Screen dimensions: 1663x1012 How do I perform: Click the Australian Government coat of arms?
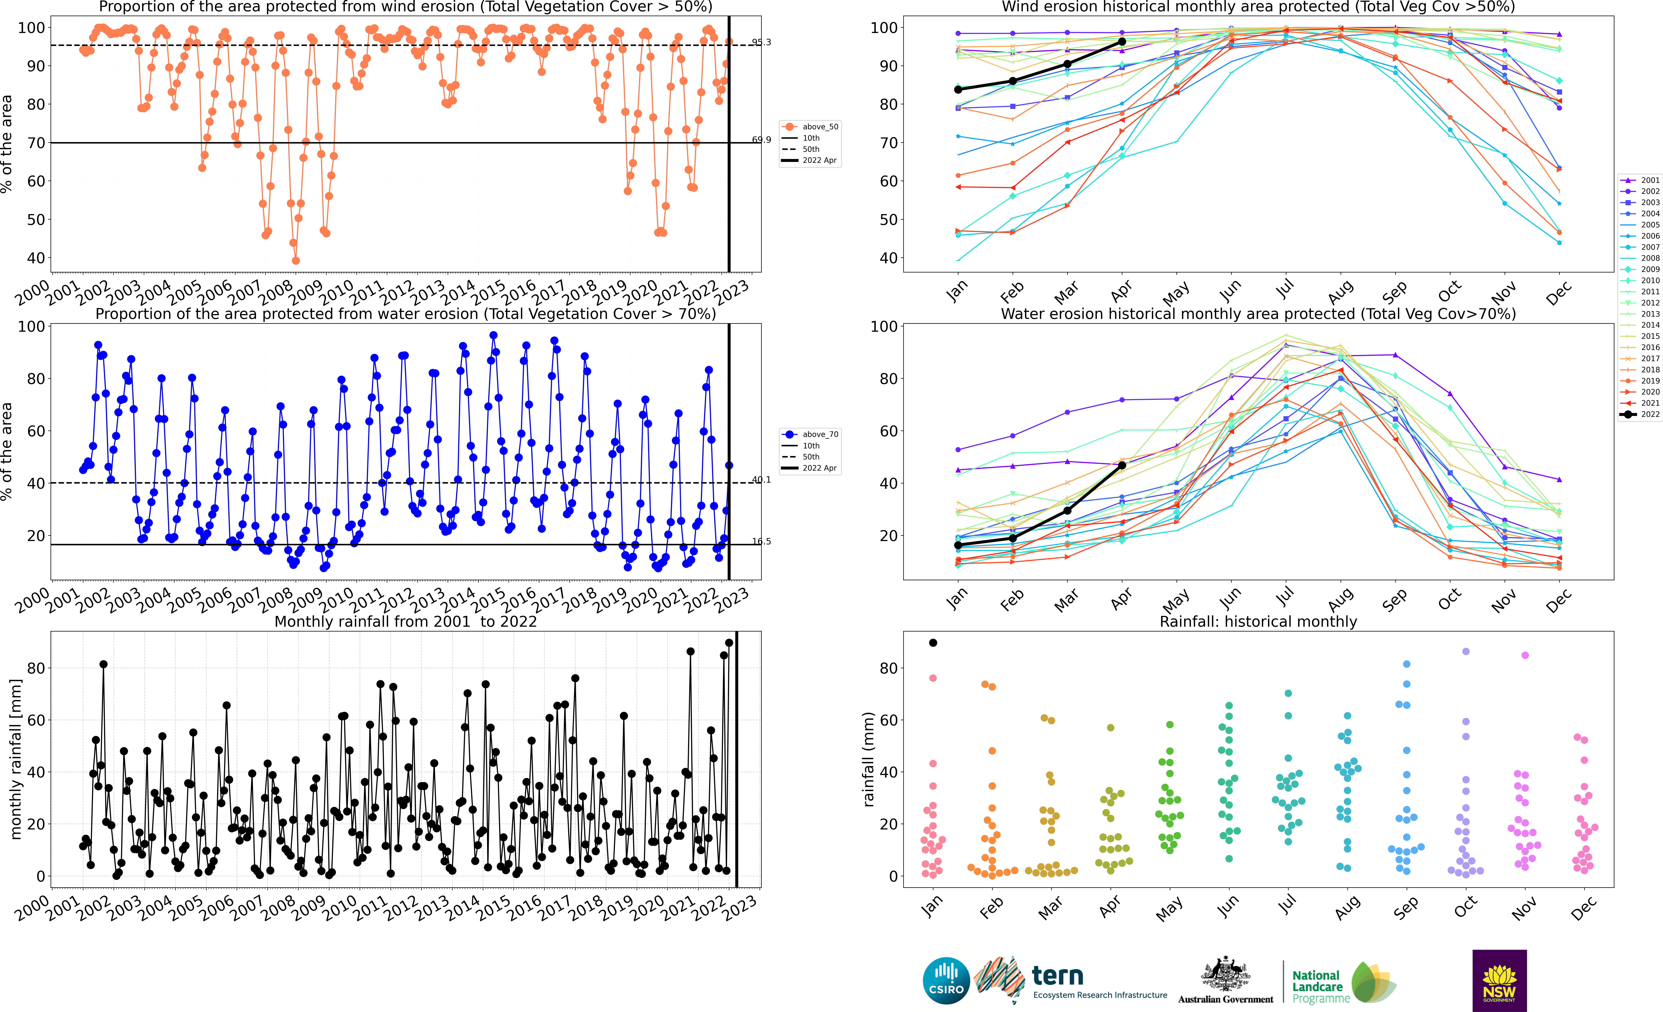tap(1225, 974)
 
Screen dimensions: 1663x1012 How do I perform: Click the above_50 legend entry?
tap(810, 127)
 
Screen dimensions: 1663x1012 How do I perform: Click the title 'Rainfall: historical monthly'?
tap(1258, 621)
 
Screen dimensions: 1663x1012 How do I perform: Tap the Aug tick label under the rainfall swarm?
tap(1348, 907)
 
